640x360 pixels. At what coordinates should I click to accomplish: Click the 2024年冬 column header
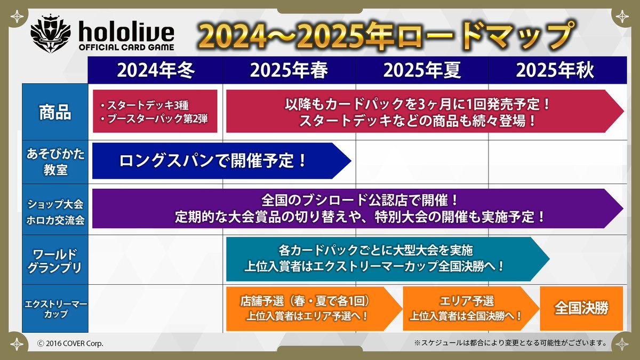point(156,70)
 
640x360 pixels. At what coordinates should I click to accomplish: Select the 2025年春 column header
point(289,70)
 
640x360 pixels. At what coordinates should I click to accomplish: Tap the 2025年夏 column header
point(422,70)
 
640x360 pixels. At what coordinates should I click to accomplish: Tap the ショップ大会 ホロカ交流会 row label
point(55,209)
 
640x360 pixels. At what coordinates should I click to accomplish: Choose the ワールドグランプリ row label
point(55,259)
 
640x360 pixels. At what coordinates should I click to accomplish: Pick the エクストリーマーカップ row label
point(55,309)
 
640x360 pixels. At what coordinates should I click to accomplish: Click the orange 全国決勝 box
point(581,308)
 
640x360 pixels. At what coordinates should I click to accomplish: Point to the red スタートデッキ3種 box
point(155,111)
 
